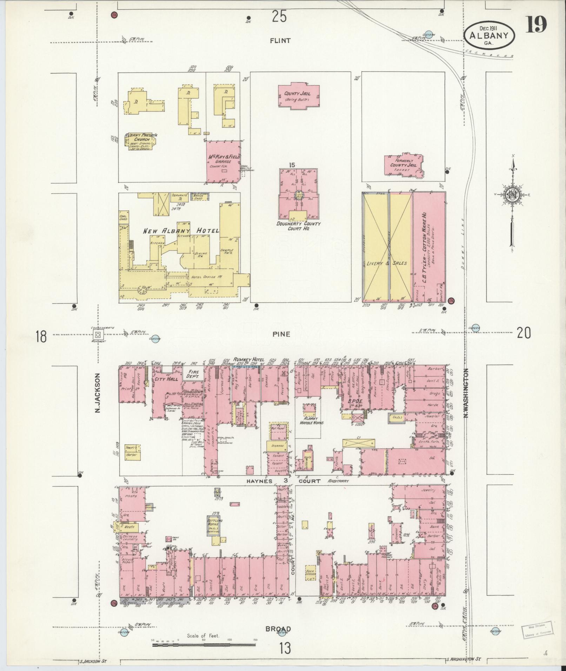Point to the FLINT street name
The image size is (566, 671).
pos(280,41)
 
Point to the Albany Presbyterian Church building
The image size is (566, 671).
pos(139,142)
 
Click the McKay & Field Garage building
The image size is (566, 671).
pos(224,161)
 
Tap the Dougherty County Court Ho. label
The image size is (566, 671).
pos(298,226)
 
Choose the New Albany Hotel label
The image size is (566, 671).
pos(181,231)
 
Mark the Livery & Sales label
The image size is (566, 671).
pos(387,263)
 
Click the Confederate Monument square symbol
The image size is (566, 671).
pos(98,334)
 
